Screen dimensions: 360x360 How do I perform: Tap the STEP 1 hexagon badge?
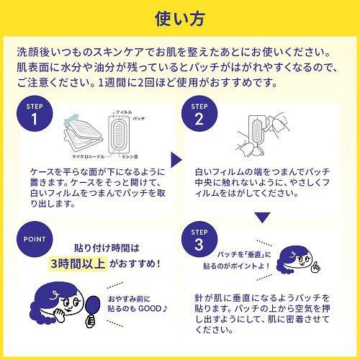click(34, 113)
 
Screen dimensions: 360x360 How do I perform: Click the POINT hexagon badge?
click(33, 240)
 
